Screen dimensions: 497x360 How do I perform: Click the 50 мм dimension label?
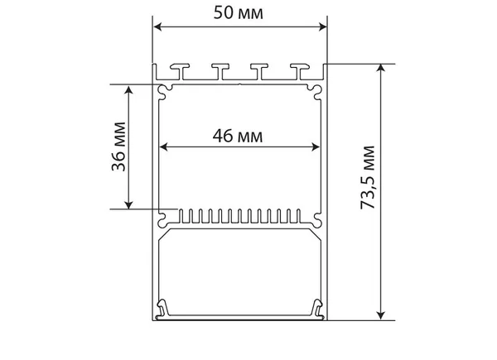[239, 13]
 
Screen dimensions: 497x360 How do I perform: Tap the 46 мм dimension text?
[238, 137]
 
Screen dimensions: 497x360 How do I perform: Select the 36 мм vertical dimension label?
[118, 146]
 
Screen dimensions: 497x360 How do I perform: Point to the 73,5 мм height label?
[368, 177]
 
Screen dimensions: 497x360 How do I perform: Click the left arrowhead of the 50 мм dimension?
[157, 27]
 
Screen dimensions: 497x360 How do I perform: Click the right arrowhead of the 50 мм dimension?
[322, 27]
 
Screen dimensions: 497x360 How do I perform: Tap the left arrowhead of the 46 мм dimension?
[163, 147]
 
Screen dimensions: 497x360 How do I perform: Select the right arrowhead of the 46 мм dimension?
[316, 147]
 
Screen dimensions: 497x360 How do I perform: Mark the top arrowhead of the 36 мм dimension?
[128, 89]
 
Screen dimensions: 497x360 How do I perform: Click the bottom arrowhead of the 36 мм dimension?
[128, 204]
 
